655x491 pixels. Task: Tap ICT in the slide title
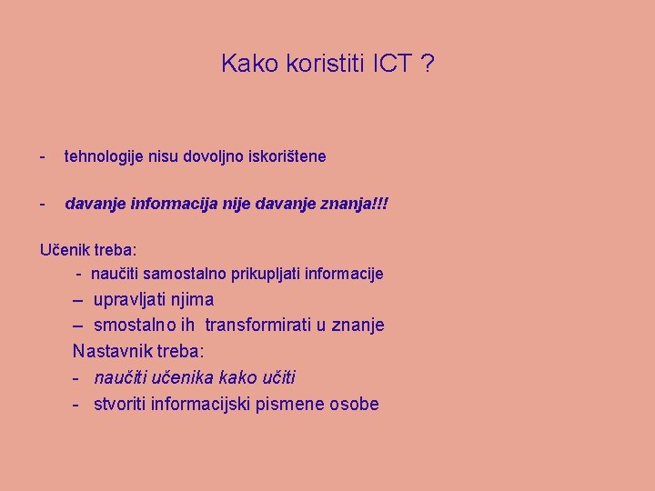[391, 64]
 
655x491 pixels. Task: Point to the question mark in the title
[428, 64]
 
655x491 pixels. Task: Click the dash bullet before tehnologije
[43, 157]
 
